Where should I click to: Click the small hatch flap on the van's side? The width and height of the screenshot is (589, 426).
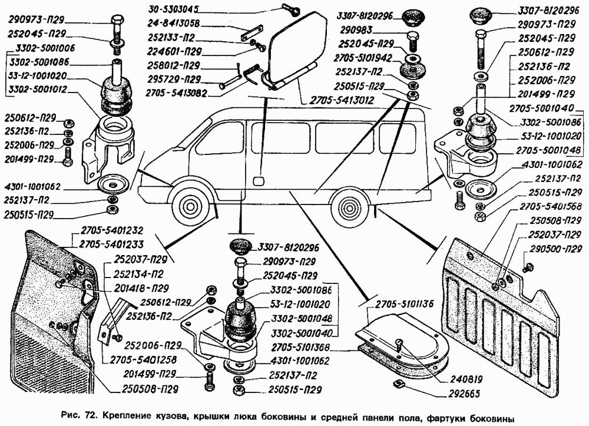[x=258, y=179]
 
